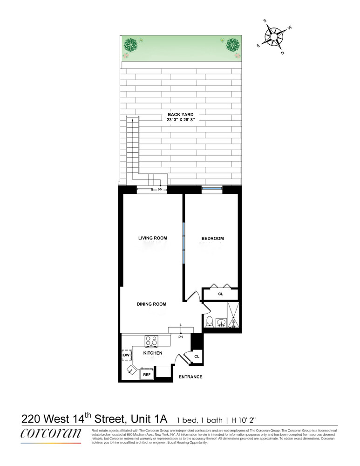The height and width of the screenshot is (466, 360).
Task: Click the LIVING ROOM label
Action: [152, 238]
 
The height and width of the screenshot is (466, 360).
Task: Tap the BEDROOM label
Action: [212, 239]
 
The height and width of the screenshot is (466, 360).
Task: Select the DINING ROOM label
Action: [151, 304]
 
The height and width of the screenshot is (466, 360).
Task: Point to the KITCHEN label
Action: [153, 353]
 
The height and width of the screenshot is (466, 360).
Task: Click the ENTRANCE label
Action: [191, 377]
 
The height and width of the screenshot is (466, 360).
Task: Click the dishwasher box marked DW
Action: [126, 356]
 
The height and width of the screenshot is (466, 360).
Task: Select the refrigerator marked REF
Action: [146, 374]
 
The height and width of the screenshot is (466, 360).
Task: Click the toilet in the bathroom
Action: [210, 322]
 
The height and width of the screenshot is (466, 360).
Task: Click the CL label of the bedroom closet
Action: [221, 294]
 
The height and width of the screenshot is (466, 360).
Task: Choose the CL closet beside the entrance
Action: [197, 356]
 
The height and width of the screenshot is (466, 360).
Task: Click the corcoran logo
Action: [51, 433]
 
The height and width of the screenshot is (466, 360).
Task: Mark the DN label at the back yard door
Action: [160, 190]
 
